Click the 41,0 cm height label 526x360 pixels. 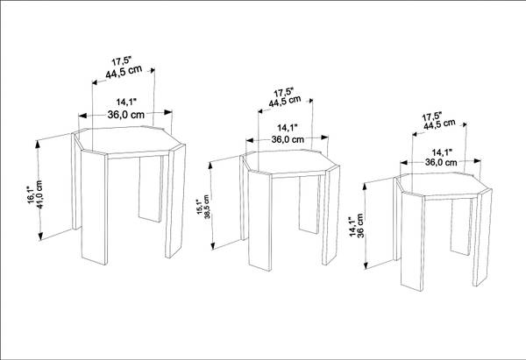coord(39,194)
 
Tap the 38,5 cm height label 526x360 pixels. coord(207,207)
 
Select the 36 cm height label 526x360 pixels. coord(360,226)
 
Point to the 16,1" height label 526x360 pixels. coord(31,194)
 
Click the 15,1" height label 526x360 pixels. coord(200,207)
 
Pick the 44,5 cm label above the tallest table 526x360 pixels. coord(124,72)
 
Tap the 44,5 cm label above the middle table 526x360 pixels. coord(285,101)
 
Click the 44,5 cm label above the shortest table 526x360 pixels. coord(439,124)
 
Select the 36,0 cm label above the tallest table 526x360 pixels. coord(125,115)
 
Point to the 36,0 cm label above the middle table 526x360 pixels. coord(288,139)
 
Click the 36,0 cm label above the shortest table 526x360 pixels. coord(441,162)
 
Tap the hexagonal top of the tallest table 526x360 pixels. coord(129,141)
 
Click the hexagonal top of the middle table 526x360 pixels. coord(290,163)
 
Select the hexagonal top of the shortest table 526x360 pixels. coord(444,186)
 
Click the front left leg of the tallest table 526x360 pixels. coord(95,207)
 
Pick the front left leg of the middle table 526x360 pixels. coord(259,221)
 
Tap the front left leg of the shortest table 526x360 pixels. coord(413,242)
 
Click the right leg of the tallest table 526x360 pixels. coord(175,201)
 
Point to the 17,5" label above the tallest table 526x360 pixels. coord(122,61)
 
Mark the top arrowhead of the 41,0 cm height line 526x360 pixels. coord(38,144)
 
